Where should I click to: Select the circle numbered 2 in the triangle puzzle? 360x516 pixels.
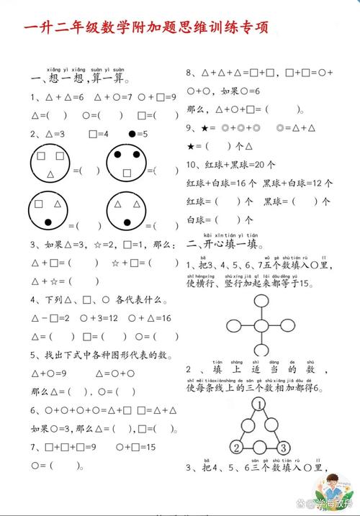235,448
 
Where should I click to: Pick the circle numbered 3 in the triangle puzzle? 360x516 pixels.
283,448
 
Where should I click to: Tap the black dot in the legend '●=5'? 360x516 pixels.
132,133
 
